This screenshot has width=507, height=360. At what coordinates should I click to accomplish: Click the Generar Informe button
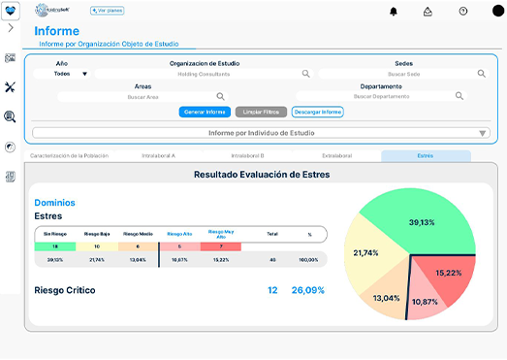205,112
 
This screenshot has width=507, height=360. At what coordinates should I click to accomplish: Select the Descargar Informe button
318,112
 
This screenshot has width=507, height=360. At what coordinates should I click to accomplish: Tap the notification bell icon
394,12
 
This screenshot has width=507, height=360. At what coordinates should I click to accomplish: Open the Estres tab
426,155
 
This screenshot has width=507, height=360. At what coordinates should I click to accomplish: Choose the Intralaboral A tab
158,155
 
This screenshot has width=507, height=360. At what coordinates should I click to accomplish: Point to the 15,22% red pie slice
448,274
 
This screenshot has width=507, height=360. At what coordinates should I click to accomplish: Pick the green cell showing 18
55,246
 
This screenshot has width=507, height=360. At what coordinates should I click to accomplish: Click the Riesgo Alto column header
180,234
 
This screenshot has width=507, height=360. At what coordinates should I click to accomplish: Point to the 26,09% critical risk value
308,290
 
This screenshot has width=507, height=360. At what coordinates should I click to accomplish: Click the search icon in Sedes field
482,73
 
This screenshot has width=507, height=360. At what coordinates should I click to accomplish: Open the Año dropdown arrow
84,74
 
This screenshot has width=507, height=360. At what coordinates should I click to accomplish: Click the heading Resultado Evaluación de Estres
262,175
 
